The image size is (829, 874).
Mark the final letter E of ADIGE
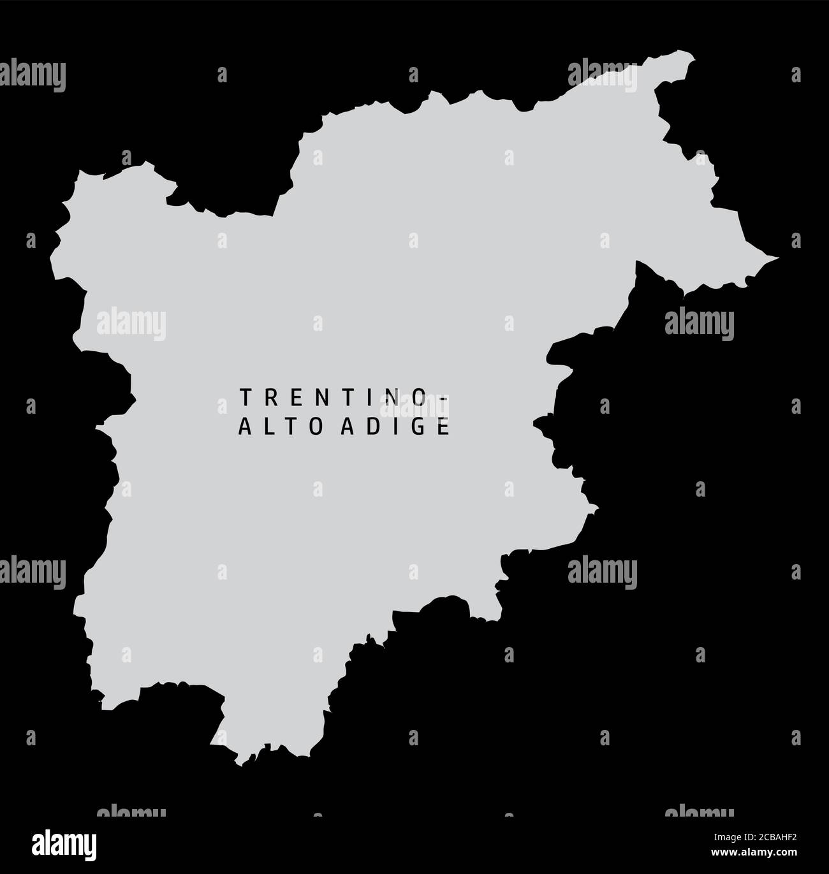coord(444,428)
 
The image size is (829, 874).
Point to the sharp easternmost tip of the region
coord(778,258)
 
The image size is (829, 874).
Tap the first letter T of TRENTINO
coord(243,397)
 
